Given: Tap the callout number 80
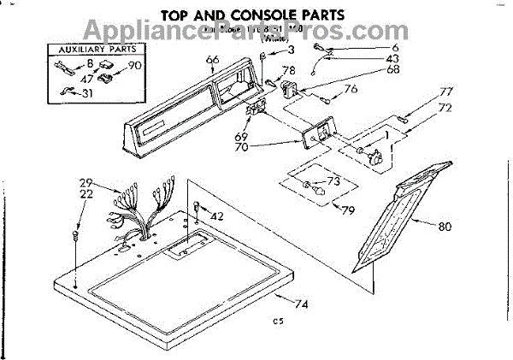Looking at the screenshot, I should (442, 227).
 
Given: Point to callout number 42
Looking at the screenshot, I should (217, 216).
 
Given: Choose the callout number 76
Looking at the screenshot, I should (350, 89).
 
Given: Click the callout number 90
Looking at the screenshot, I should (133, 66).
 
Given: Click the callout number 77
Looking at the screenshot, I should (422, 91).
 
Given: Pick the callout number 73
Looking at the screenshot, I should (333, 180).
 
